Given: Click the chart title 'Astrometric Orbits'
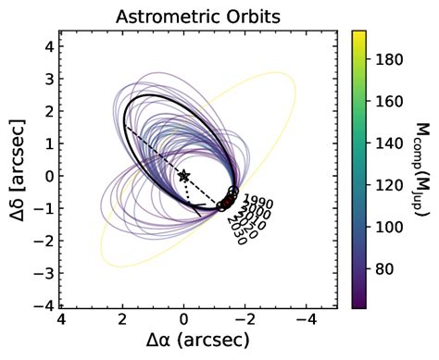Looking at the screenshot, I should click(x=198, y=16).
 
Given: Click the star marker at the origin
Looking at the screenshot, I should click(x=183, y=176).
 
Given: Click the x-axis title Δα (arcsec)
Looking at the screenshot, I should click(x=198, y=343).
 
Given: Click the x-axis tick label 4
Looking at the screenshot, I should click(x=60, y=322).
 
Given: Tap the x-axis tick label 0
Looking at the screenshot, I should click(x=183, y=322).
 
